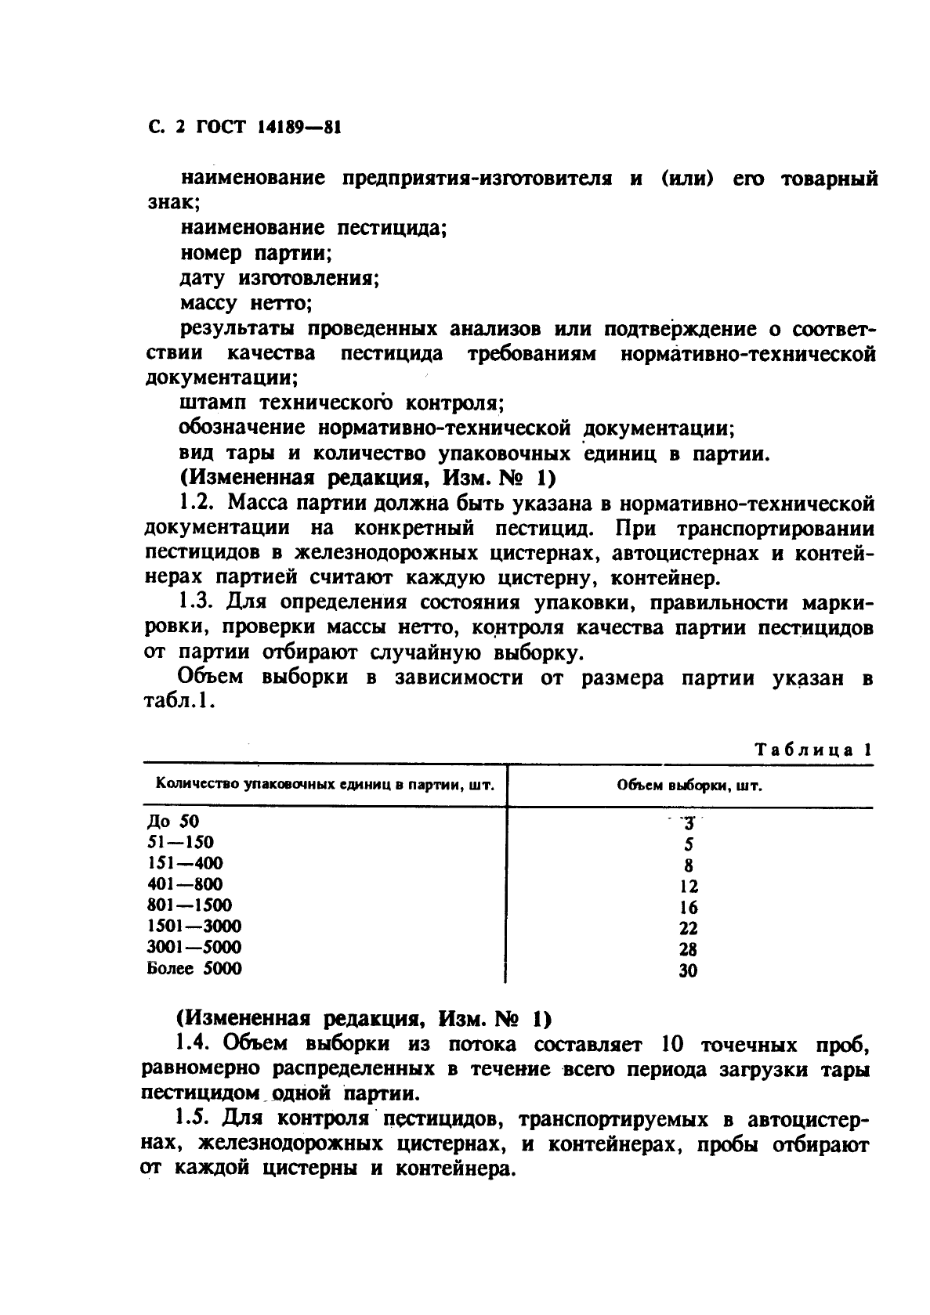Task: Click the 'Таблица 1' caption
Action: pos(813,750)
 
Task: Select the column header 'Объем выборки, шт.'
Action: pos(689,786)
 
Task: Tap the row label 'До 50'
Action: pos(173,822)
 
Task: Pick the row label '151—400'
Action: pos(185,863)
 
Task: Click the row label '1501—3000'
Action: pos(194,926)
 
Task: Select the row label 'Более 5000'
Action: pos(194,968)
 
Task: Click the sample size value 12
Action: pos(689,887)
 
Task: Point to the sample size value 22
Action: pos(689,929)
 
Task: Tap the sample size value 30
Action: pos(689,971)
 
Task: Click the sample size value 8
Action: pos(689,866)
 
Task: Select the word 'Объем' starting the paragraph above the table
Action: pos(212,677)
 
